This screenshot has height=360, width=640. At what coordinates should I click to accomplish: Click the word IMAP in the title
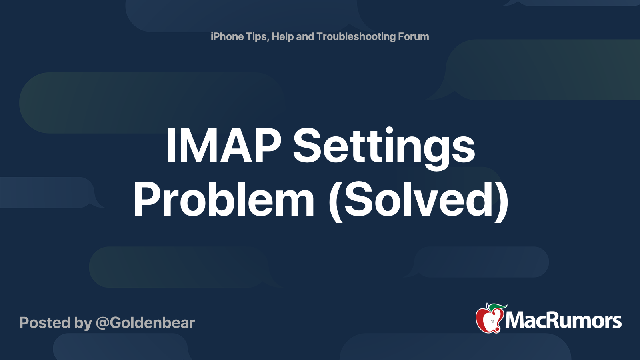tap(224, 146)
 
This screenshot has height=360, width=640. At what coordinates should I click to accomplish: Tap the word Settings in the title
tap(384, 148)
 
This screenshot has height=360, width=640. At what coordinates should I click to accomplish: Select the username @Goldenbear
tap(146, 323)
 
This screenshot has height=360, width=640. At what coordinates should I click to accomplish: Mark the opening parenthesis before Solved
tap(336, 202)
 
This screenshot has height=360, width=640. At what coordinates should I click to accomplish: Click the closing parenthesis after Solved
tap(502, 202)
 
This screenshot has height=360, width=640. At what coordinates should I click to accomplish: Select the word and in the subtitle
tap(305, 36)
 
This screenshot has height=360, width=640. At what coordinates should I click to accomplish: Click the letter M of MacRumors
tap(515, 320)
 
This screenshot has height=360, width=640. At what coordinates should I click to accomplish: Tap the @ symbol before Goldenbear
tap(102, 324)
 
